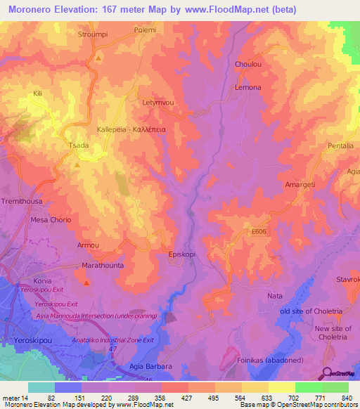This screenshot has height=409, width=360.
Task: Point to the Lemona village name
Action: (247, 87)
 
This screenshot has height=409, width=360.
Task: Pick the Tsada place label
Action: (78, 145)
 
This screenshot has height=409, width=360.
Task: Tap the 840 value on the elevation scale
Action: (345, 398)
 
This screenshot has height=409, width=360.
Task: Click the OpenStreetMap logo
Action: (338, 373)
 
